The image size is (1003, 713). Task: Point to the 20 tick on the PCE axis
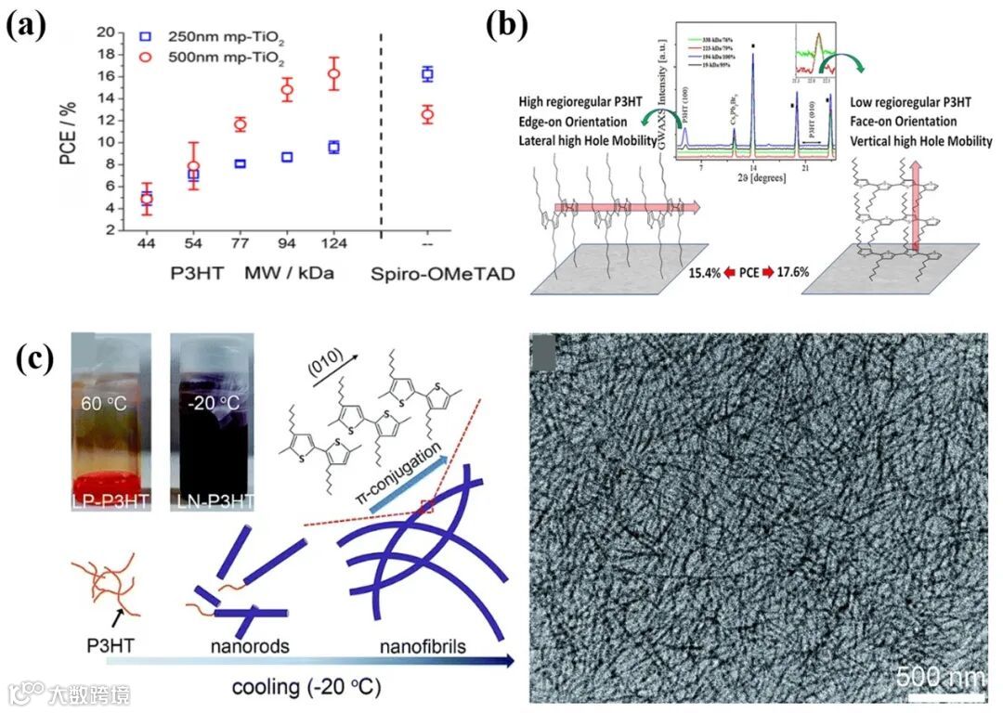[116, 32]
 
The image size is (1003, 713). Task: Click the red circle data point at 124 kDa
[334, 73]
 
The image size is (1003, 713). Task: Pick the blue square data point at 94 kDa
[287, 157]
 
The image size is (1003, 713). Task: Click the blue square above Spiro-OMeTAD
[427, 73]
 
